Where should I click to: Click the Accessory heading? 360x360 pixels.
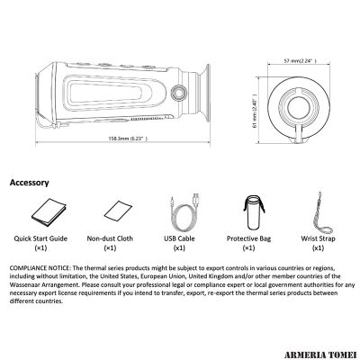click(29, 183)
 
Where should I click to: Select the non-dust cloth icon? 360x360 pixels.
click(118, 211)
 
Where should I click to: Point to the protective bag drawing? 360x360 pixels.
click(254, 211)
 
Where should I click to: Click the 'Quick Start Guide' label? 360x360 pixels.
click(40, 238)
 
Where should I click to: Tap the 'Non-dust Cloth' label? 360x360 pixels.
click(110, 238)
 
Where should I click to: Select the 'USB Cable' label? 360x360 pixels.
click(179, 238)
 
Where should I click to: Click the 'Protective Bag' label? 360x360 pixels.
click(248, 238)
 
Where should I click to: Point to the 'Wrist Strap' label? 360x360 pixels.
click(318, 238)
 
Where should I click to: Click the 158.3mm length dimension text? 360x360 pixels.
click(128, 139)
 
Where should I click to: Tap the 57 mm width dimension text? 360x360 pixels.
click(300, 60)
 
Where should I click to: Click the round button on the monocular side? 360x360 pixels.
click(178, 93)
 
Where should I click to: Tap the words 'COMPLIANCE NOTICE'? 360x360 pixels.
click(40, 268)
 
